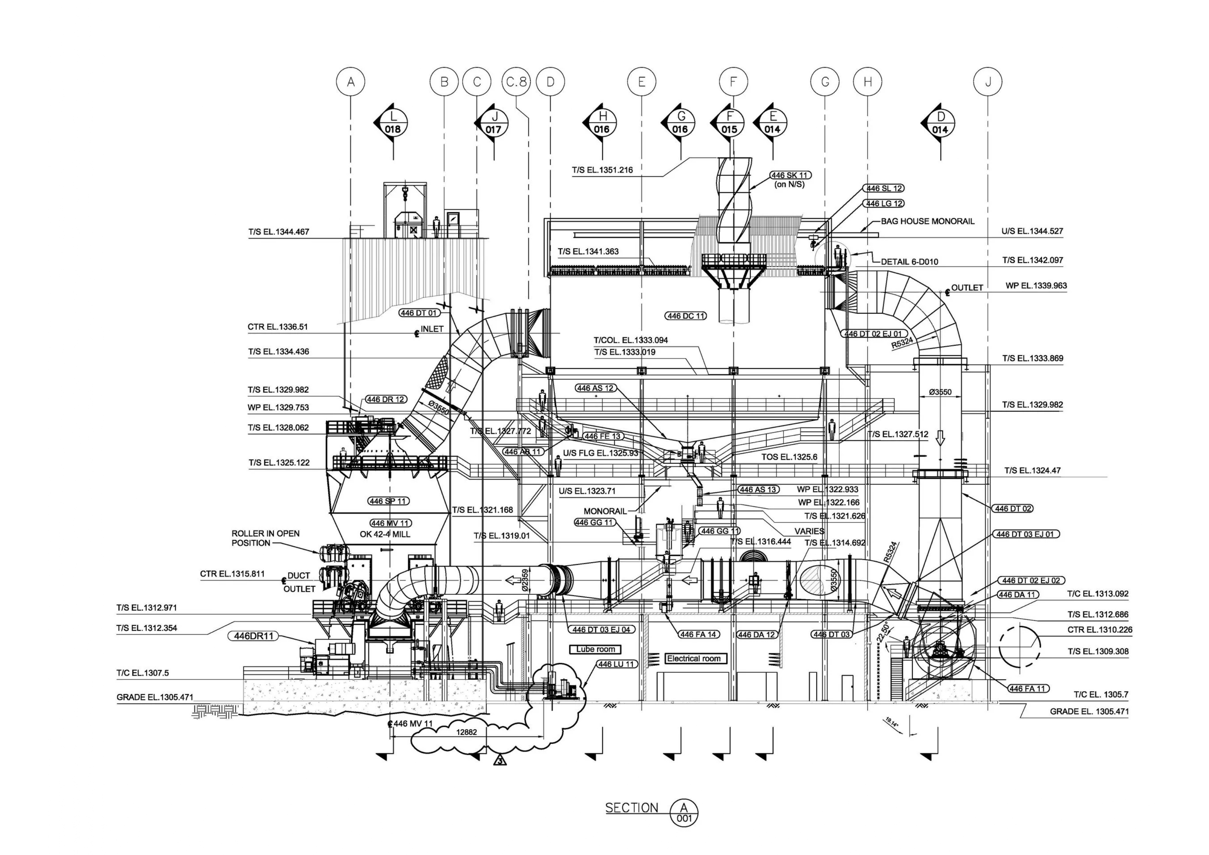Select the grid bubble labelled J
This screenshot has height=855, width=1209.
987,82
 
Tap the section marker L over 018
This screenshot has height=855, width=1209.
393,123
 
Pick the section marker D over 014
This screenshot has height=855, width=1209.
941,123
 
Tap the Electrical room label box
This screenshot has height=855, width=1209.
693,658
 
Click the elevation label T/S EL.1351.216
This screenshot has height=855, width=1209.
602,170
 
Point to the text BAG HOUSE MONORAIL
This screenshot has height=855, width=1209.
927,221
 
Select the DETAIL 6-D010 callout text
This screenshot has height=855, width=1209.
910,262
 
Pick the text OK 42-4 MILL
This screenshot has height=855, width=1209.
385,534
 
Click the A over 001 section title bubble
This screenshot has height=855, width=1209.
684,812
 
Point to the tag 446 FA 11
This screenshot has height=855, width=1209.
1028,688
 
